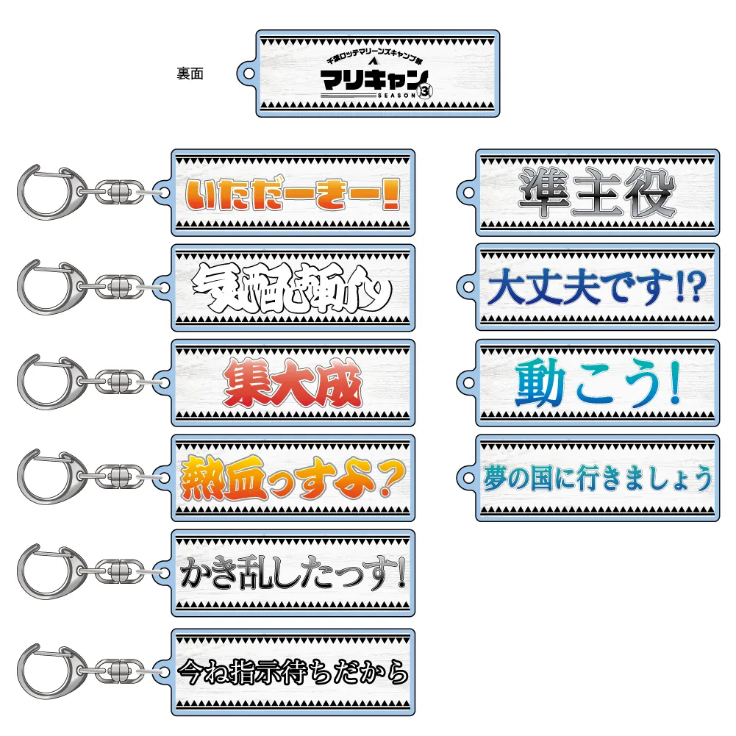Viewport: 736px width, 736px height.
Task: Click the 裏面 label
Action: pos(190,73)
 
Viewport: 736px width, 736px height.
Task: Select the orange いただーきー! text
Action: pos(292,193)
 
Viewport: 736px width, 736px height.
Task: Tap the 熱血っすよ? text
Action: pos(292,479)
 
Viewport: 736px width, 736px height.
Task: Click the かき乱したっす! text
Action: pos(293,574)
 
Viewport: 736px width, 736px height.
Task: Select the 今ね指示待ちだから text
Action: pos(293,671)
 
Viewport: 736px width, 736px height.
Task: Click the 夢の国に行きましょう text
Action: pos(597,479)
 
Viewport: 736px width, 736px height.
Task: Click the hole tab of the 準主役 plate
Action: pos(468,193)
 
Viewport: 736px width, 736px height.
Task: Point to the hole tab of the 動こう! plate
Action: pos(468,382)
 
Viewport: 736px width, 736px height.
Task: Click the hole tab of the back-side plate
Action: pos(249,73)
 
